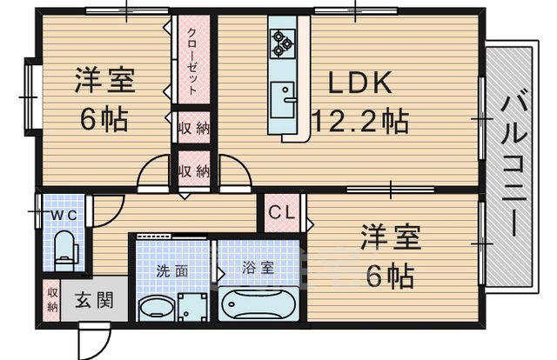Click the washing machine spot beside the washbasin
pos(192,307)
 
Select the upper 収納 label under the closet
pos(192,129)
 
